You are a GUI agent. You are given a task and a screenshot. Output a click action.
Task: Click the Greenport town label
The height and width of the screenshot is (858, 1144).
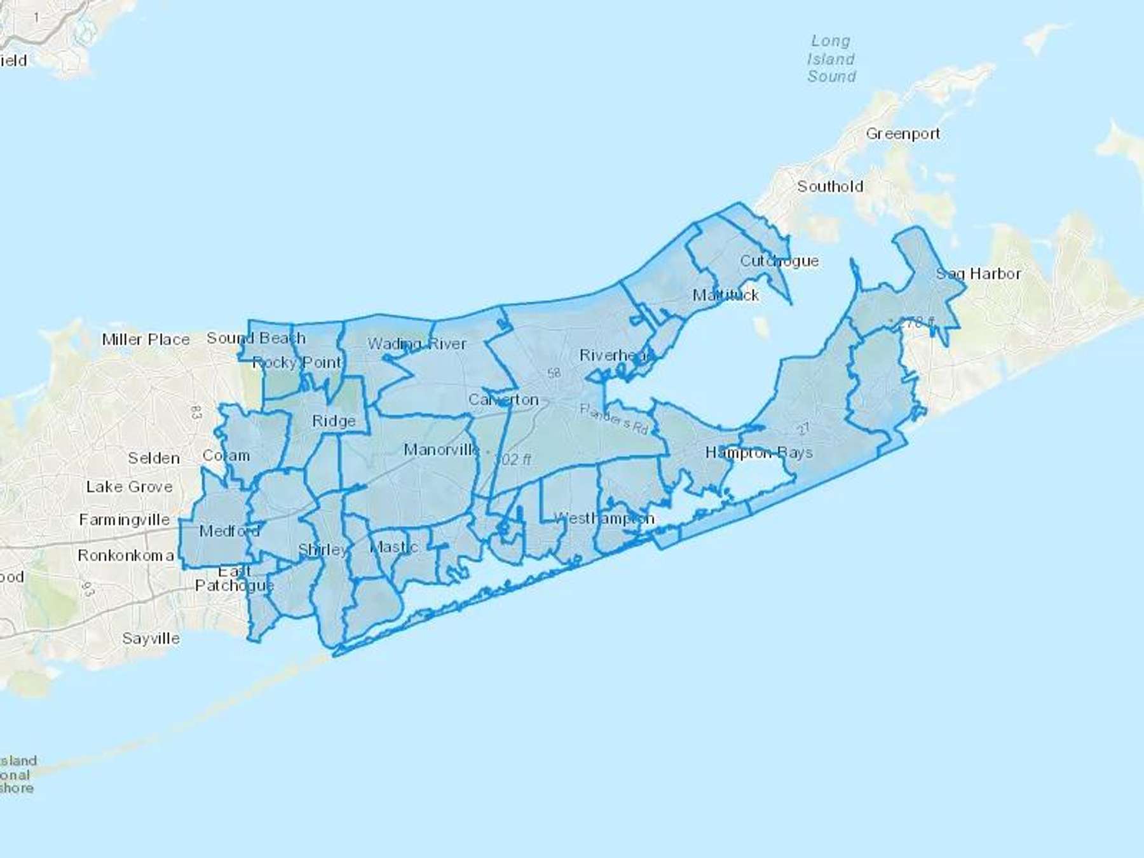click(902, 133)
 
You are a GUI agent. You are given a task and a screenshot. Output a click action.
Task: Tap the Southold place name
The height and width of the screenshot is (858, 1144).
click(830, 186)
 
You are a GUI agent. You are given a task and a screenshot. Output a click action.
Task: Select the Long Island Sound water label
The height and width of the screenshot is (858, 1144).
click(831, 58)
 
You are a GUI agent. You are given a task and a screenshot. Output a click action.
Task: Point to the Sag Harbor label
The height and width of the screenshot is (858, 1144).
click(978, 274)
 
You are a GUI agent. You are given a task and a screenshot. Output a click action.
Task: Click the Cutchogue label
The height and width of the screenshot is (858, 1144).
click(779, 261)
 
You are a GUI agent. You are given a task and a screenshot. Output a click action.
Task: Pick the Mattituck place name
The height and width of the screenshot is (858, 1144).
click(726, 295)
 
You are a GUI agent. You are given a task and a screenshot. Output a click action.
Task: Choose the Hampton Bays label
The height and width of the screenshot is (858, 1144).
click(759, 453)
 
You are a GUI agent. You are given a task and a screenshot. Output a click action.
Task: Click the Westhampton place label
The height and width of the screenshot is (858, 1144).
click(604, 519)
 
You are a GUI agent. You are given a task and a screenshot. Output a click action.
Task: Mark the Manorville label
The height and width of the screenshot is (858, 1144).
click(442, 450)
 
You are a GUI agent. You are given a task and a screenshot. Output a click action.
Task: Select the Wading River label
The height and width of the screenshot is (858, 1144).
click(417, 344)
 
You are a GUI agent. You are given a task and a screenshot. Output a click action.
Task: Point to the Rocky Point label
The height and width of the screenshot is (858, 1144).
click(297, 363)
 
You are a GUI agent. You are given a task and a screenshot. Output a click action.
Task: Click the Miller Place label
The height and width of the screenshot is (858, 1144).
click(146, 339)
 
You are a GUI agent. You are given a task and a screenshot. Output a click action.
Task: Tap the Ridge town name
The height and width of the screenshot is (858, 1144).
click(334, 421)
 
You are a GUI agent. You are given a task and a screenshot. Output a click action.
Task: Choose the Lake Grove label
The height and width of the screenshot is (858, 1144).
click(129, 487)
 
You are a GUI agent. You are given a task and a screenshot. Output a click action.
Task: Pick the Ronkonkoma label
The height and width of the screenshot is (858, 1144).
click(126, 555)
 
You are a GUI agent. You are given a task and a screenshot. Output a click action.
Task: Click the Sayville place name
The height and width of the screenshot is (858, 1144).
click(151, 638)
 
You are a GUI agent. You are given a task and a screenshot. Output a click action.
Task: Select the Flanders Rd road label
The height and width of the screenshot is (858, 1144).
click(614, 419)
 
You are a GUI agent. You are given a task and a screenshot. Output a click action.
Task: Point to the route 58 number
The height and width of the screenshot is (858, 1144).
click(554, 372)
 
